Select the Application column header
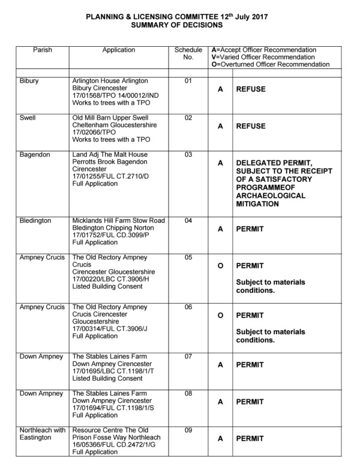point(118,50)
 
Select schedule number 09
point(188,430)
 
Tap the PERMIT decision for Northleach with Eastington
point(250,439)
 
